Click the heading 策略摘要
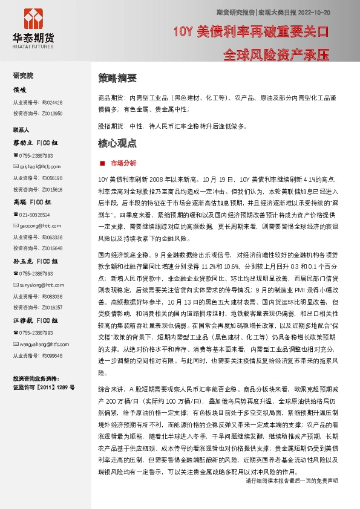(117, 78)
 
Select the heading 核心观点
(117, 143)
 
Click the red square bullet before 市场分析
(102, 163)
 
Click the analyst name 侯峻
(20, 89)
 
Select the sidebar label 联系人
(22, 129)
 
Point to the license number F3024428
(52, 102)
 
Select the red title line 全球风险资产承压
(276, 54)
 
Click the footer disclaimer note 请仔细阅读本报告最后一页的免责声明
(292, 498)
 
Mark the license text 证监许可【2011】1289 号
(44, 386)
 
